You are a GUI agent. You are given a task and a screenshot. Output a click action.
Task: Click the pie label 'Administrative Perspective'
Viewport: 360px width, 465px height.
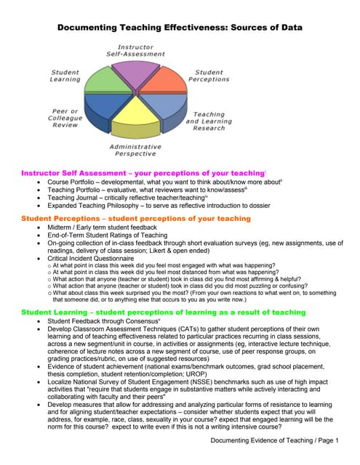coord(135,150)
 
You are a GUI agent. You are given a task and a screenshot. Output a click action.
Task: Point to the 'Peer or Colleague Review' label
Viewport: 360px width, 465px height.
coord(65,118)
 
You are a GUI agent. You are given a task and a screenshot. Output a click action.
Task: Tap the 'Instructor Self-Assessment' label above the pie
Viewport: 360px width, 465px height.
coord(135,50)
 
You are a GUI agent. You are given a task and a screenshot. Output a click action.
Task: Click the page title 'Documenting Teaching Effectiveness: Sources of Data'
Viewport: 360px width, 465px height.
coord(180,28)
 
